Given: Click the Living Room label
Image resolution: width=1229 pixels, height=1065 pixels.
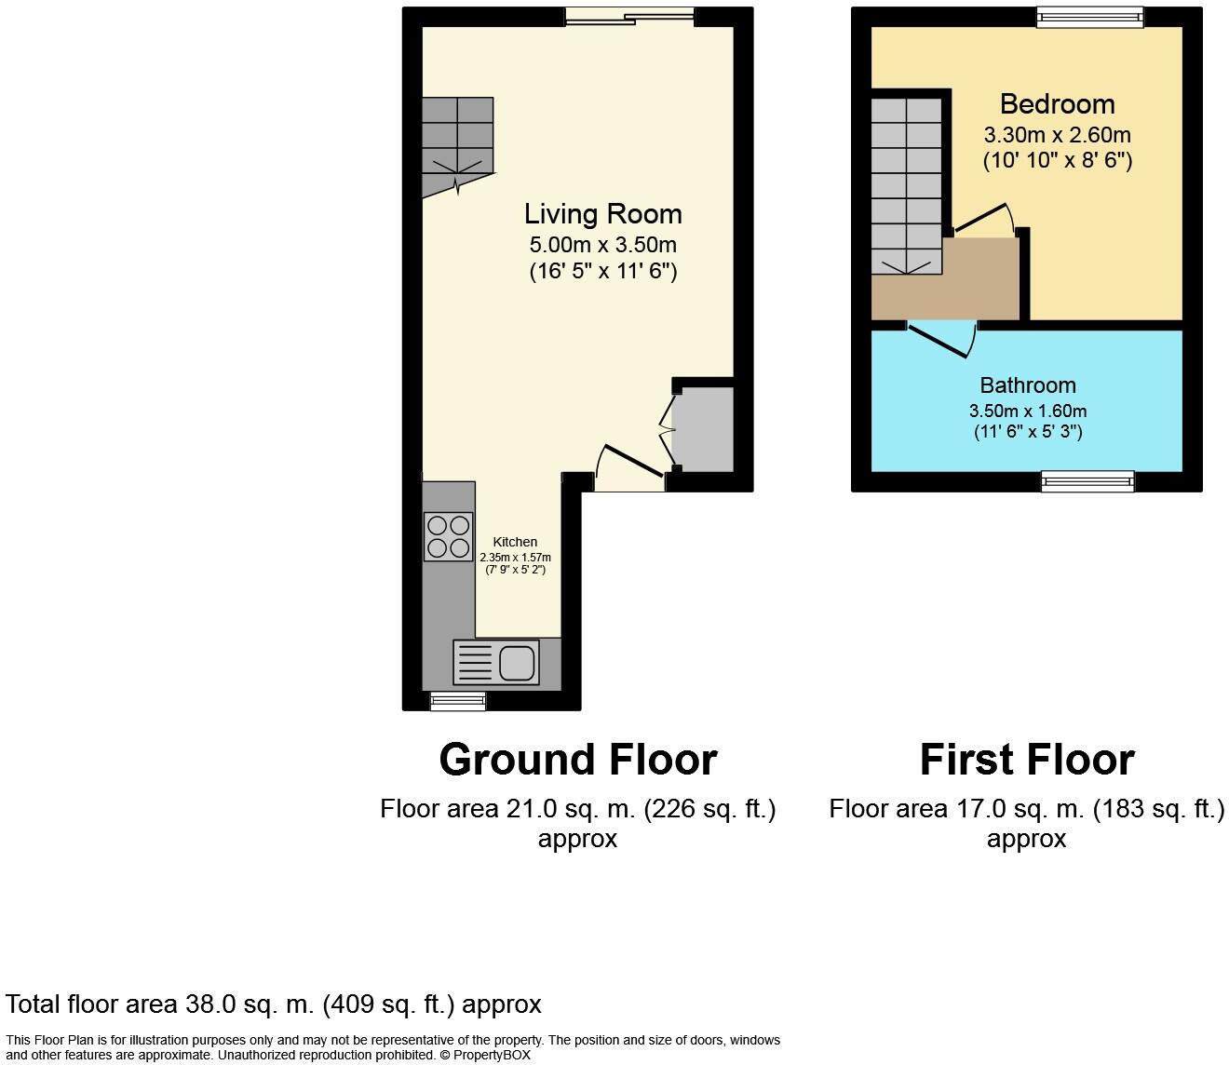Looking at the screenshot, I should tap(602, 214).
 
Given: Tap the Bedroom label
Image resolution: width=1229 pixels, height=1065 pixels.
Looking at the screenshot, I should tap(1057, 103).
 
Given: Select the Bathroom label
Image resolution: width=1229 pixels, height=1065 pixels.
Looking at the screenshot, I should tap(1027, 385).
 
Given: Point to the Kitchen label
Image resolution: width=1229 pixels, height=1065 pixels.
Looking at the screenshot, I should tap(515, 542).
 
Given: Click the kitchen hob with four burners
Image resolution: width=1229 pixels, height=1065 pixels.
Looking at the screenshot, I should tap(448, 536).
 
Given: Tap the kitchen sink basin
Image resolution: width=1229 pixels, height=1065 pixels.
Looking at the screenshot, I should tap(517, 664).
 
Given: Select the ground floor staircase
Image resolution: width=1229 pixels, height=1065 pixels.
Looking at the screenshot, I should tap(456, 144).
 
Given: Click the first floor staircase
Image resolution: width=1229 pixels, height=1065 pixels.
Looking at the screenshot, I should tap(906, 186).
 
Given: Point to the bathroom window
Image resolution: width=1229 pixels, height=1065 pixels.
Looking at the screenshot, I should tap(1087, 480).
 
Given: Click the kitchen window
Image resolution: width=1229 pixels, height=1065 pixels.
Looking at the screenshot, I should tap(457, 700).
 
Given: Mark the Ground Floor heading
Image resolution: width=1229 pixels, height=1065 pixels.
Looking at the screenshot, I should tap(577, 760).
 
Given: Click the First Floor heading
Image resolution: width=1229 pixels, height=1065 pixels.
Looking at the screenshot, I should tap(1026, 760).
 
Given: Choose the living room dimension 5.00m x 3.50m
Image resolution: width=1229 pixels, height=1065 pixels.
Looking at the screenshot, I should tap(602, 245).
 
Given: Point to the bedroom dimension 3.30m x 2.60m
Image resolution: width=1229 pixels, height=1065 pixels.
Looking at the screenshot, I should tap(1057, 134).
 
